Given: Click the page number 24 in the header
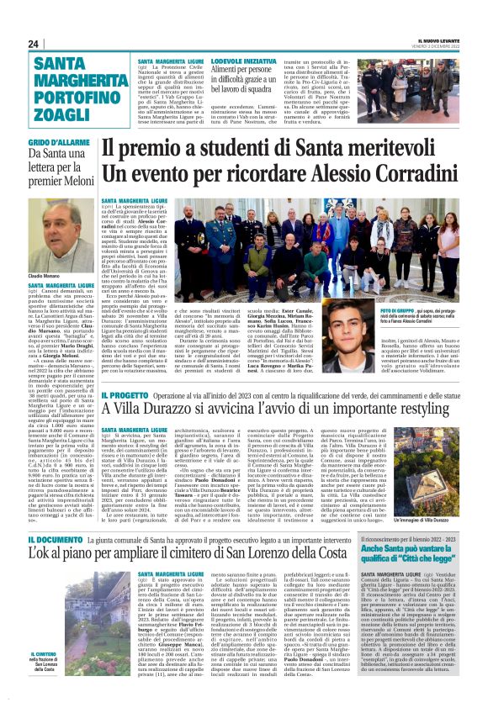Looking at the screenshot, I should coord(34,44).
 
